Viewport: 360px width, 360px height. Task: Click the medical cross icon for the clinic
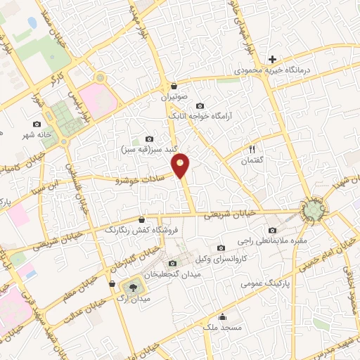[x=272, y=59]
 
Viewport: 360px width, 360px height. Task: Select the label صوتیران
[x=174, y=98]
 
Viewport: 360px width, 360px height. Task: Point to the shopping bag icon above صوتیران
[x=174, y=86]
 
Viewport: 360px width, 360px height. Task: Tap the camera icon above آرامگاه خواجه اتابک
[x=200, y=105]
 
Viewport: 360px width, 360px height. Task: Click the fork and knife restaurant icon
[x=251, y=149]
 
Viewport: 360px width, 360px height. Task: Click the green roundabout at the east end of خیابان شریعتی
[x=314, y=209]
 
